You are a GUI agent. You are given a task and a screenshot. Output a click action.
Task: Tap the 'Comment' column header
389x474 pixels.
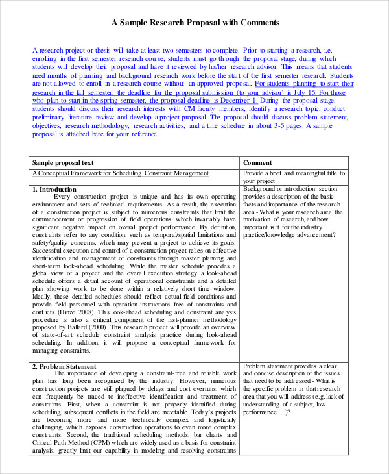(257, 162)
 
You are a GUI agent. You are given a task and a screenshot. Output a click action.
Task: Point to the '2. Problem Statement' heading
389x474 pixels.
(64, 366)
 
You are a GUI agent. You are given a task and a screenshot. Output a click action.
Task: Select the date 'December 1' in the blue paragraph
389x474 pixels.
(237, 101)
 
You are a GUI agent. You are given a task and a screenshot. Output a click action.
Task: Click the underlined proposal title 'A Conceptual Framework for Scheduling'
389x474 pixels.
(98, 173)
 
